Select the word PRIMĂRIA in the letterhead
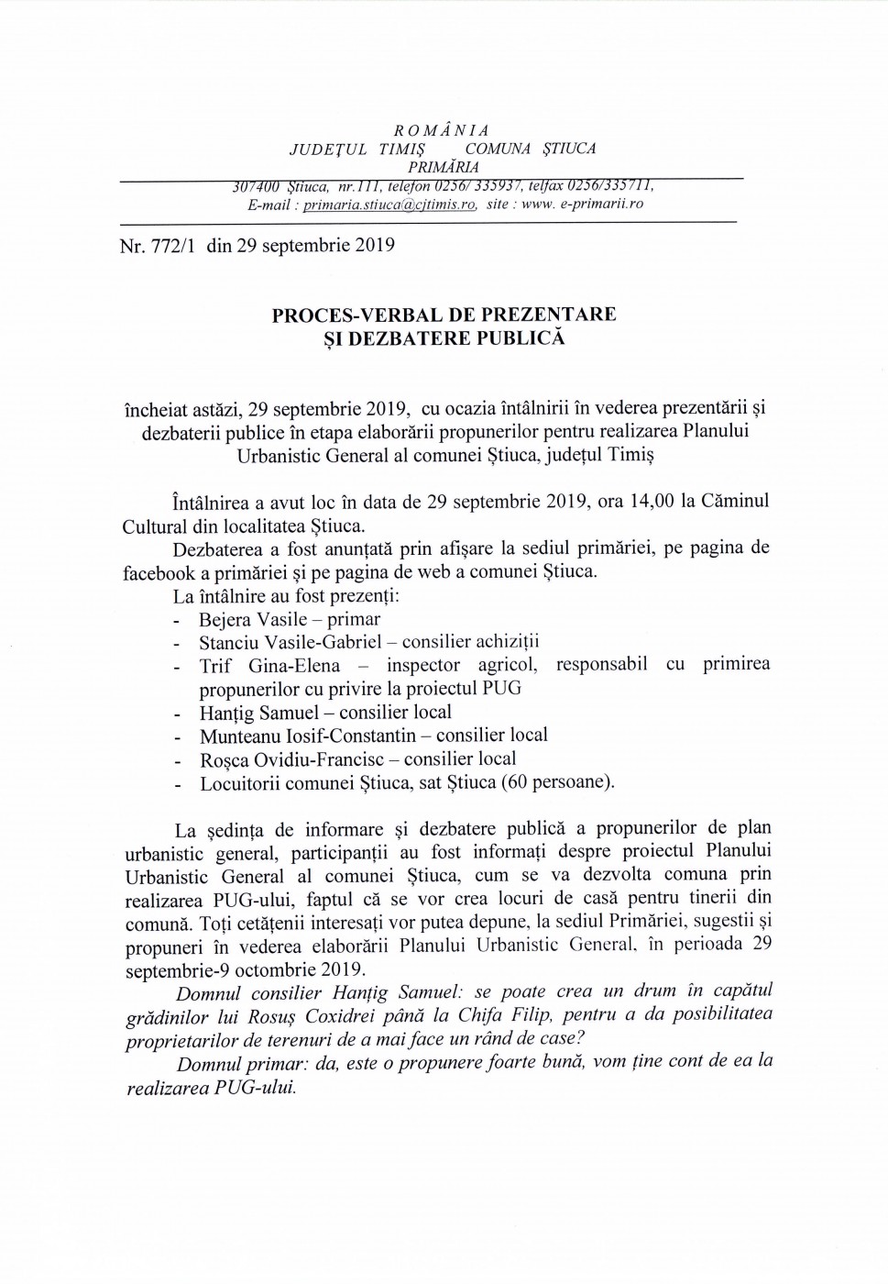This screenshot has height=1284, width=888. [x=444, y=167]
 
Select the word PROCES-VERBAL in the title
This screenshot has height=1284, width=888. [x=358, y=315]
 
